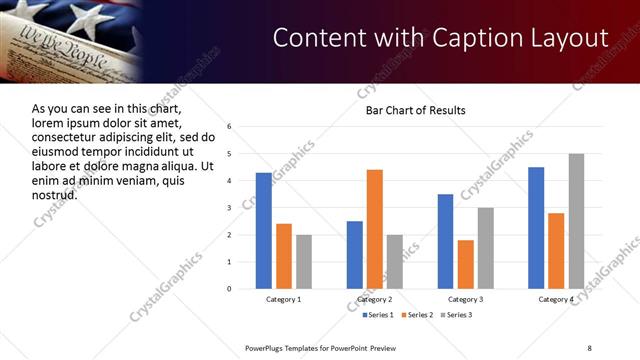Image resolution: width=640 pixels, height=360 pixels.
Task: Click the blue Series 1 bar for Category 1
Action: point(263,230)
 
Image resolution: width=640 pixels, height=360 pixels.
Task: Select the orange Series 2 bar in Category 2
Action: point(375,228)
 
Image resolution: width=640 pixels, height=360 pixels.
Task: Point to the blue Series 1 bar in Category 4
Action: point(536,227)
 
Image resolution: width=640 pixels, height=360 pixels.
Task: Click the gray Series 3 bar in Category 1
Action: point(303,261)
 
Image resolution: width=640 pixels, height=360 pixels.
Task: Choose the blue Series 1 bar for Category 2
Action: point(355,254)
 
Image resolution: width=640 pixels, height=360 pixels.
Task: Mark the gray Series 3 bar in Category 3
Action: point(485,248)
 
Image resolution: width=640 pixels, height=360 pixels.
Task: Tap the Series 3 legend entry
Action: point(458,315)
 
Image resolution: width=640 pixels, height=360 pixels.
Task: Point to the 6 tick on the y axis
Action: point(230,127)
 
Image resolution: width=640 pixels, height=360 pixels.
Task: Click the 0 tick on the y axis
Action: point(230,289)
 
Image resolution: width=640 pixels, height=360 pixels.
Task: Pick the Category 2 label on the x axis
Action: point(374,299)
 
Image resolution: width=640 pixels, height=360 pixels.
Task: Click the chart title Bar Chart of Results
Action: point(415,109)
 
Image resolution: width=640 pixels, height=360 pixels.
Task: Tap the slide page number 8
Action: point(589,347)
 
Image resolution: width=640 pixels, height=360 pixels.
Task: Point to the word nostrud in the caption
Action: point(54,193)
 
